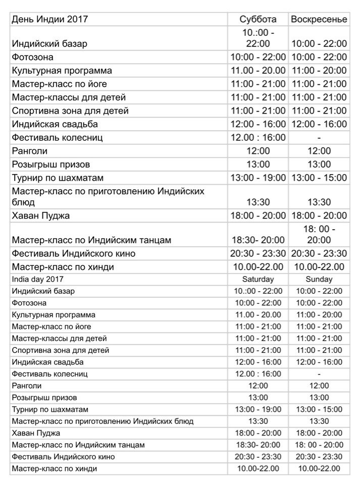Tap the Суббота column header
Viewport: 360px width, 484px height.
258,19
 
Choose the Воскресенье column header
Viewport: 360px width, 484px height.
319,19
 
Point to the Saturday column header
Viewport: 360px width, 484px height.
258,279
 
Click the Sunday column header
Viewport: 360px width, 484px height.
319,279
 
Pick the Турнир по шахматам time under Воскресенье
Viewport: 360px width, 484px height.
319,177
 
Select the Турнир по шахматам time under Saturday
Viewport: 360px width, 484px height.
258,409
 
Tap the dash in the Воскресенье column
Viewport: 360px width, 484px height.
319,137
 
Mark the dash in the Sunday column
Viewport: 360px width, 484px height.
319,374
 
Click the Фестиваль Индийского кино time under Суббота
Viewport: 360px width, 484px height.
258,253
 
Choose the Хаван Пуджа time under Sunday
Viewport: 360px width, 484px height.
319,433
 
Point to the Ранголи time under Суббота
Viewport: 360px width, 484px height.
258,151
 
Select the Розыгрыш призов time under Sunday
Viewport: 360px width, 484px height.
319,398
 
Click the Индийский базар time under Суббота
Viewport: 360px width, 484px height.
258,38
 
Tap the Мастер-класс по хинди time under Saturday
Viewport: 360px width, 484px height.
258,469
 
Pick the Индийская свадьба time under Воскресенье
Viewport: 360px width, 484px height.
319,124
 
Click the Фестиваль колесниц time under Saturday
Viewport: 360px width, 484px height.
258,374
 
